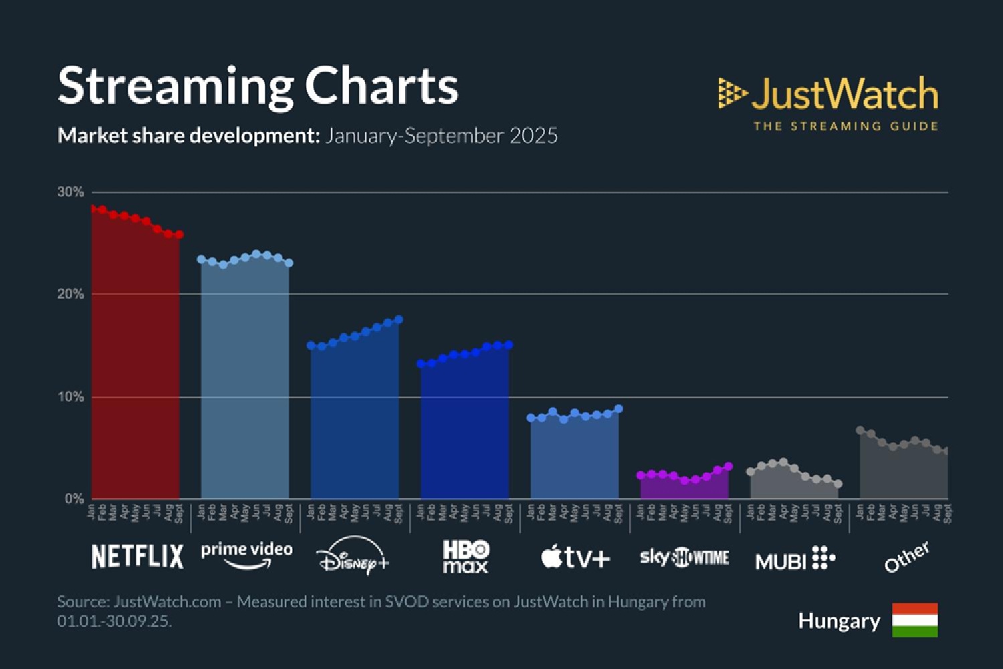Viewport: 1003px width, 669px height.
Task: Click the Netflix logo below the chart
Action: [137, 557]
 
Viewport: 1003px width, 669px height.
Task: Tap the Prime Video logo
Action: [247, 555]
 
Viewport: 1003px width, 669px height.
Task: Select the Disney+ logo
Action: [354, 556]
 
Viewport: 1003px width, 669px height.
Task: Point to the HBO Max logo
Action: [465, 557]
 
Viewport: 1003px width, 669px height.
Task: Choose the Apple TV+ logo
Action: [576, 557]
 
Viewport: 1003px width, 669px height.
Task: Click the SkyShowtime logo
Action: [684, 557]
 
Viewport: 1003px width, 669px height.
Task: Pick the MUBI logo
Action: [795, 559]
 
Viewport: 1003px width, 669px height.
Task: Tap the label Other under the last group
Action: [906, 557]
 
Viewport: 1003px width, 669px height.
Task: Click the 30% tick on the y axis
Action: [71, 192]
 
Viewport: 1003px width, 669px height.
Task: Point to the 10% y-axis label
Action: [71, 397]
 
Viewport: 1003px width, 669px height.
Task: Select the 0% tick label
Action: [74, 499]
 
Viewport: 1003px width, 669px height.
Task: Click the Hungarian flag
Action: [915, 619]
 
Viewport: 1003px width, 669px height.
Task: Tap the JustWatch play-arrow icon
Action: [732, 93]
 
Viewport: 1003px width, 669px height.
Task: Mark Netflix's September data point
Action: [179, 235]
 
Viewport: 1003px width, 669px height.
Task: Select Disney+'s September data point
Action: [399, 320]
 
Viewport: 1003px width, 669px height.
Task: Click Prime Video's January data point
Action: [201, 259]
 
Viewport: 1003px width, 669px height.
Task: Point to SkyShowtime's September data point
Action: [728, 466]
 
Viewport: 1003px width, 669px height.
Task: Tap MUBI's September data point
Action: [838, 484]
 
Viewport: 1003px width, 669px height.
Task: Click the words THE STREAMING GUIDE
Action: [845, 126]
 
